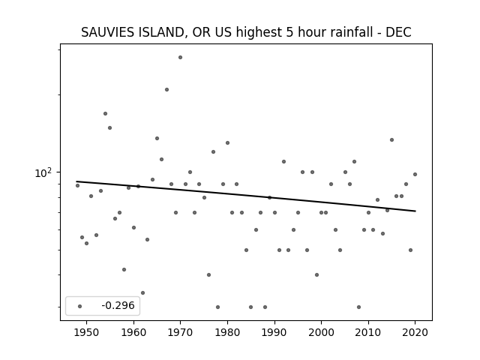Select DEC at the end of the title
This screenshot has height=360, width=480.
398,32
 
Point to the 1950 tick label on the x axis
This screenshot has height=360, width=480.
87,332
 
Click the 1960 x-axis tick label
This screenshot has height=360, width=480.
133,332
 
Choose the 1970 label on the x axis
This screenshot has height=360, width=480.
181,332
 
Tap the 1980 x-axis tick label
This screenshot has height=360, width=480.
227,332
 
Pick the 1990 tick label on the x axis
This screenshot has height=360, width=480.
274,332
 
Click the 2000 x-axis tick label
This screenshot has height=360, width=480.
322,332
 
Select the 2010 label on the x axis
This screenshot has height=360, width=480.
368,332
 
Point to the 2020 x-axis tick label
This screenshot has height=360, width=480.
415,332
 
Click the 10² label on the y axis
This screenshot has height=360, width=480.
43,173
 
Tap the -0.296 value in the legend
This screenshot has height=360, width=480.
118,305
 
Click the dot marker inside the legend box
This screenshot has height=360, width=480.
80,306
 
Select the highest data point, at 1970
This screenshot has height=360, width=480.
180,57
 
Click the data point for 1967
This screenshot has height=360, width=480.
166,90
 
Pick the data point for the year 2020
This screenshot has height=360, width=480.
415,174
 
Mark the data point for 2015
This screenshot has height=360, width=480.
391,140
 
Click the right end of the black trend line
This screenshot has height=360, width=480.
415,211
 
